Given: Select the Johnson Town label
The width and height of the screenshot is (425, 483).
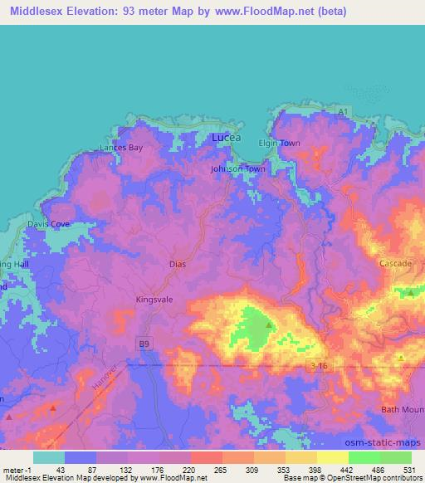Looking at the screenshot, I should (x=237, y=168).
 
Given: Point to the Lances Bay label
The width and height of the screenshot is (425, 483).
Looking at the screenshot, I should (x=121, y=148).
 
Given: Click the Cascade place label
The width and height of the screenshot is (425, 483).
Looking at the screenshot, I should (x=395, y=263).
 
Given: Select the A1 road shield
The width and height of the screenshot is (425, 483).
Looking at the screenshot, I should (x=344, y=110).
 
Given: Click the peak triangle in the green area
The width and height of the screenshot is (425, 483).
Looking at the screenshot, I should (x=267, y=324).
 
